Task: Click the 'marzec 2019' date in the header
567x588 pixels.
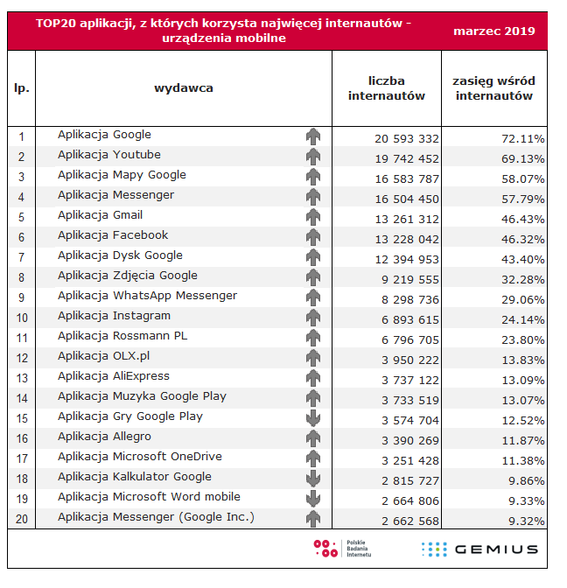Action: (x=494, y=31)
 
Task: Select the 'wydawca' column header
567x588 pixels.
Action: (x=184, y=87)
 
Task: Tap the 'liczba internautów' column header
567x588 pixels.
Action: (x=386, y=88)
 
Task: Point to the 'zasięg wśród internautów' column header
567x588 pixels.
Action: (x=493, y=88)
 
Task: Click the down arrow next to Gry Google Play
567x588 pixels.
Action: (x=313, y=418)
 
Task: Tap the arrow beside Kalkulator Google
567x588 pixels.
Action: (x=313, y=479)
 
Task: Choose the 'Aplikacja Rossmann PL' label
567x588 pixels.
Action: (x=122, y=336)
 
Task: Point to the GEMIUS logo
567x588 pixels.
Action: (x=479, y=549)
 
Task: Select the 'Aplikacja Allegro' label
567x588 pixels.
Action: (x=104, y=437)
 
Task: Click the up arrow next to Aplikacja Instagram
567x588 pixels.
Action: (x=313, y=318)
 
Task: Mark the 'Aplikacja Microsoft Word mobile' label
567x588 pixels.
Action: (x=149, y=497)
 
